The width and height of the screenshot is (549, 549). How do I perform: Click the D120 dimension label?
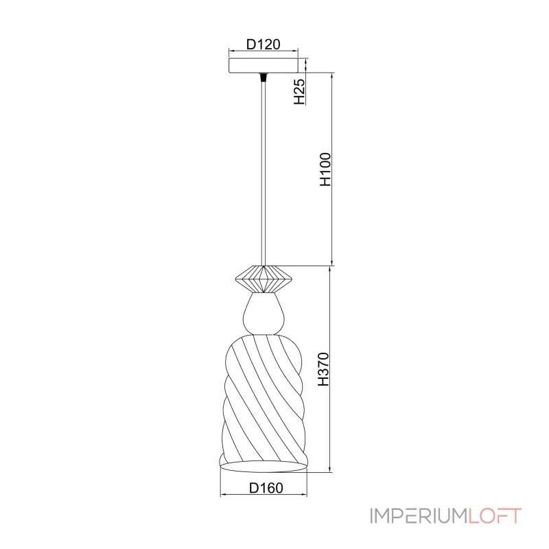tap(264, 45)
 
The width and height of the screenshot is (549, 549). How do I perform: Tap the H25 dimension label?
tap(299, 92)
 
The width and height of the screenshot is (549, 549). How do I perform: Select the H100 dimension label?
tap(325, 169)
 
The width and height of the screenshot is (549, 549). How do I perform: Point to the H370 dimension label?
tap(323, 369)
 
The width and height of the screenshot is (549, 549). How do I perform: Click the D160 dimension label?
tap(266, 488)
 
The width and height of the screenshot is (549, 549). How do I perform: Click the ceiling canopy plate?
tap(264, 65)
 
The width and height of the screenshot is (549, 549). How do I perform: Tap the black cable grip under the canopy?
tap(264, 77)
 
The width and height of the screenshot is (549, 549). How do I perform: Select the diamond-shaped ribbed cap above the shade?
tap(264, 279)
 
